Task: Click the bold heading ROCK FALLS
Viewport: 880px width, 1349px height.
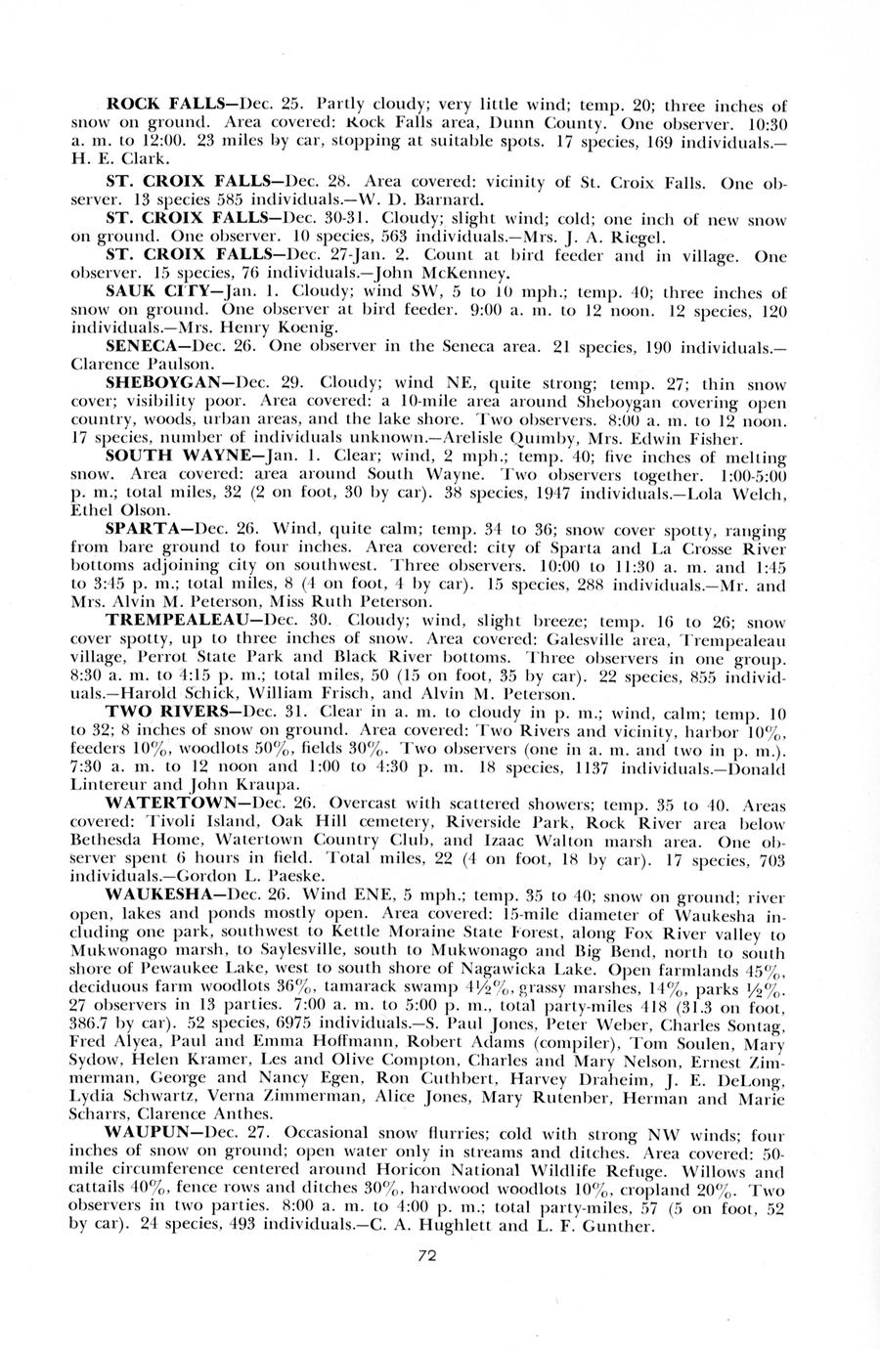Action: click(155, 104)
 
